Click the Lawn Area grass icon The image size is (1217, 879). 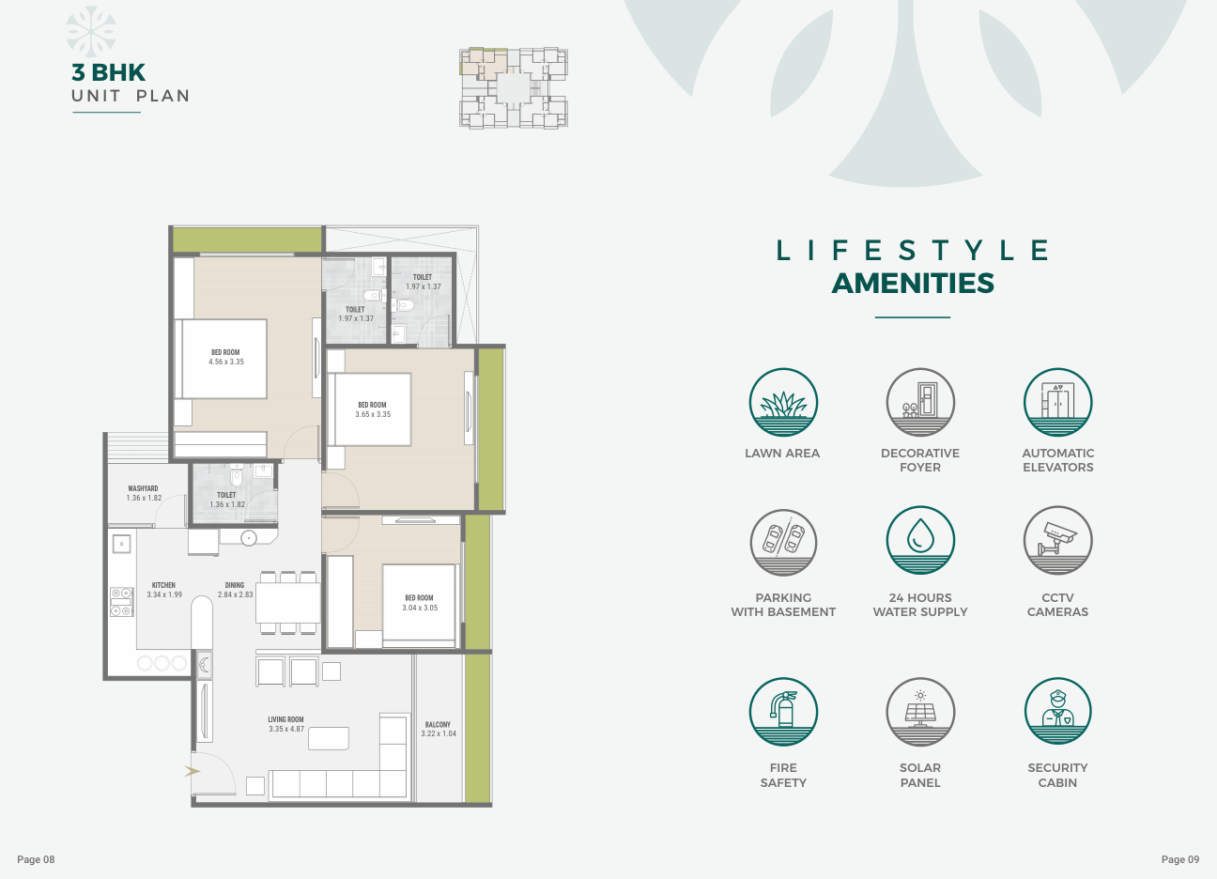pos(783,402)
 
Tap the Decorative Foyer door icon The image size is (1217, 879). pos(920,402)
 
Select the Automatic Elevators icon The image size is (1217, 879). pos(1057,402)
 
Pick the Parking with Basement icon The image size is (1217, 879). pos(783,542)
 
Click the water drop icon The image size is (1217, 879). pos(920,540)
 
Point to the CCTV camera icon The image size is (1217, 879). pos(1057,540)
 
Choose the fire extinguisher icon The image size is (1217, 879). pos(783,712)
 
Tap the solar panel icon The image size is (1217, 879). pos(920,712)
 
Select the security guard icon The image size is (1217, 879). pos(1057,711)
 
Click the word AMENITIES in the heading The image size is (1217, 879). pos(913,284)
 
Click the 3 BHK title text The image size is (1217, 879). pos(109,73)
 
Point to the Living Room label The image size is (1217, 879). pos(285,719)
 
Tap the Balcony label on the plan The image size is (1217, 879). pos(438,724)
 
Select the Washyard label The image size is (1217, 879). pos(143,488)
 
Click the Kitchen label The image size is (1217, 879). pos(163,585)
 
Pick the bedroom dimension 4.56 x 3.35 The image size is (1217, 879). pos(226,362)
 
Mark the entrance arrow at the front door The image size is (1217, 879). pos(193,771)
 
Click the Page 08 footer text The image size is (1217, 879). pos(36,859)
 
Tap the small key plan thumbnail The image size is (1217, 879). pos(514,88)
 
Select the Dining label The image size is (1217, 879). pos(235,585)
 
